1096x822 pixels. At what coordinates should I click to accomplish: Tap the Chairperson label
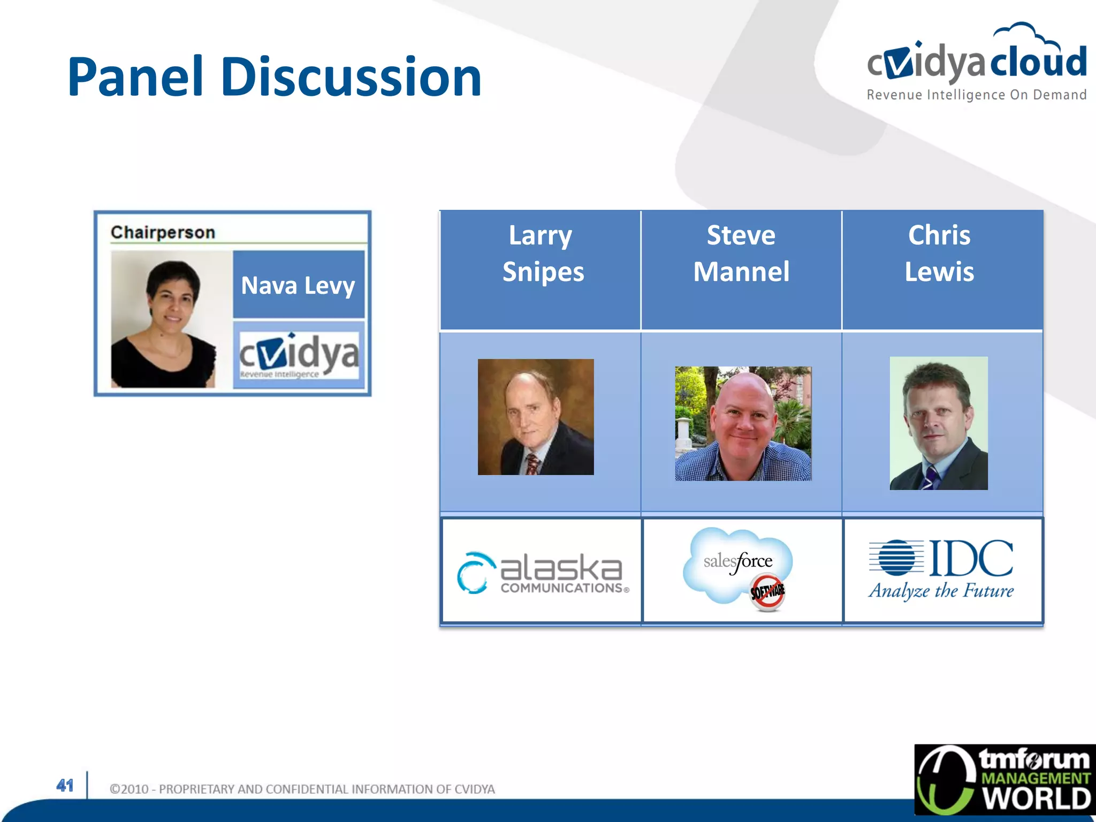coord(163,232)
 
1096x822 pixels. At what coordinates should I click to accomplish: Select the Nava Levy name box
coord(298,285)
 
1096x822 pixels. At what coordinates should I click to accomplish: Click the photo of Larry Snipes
coord(536,417)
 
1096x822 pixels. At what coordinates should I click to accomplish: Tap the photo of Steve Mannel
coord(743,423)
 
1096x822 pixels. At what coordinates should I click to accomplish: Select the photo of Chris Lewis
coord(939,423)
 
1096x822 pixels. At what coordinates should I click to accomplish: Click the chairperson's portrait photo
coord(164,319)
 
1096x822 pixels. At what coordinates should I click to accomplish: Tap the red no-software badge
coord(767,592)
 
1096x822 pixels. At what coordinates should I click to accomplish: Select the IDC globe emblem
coord(897,557)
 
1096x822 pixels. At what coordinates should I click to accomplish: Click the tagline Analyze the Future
coord(941,591)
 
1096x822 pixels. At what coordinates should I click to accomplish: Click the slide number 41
coord(65,785)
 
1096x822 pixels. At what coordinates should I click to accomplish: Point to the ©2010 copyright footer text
coord(302,789)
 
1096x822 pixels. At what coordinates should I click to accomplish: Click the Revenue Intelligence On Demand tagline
coord(976,95)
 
